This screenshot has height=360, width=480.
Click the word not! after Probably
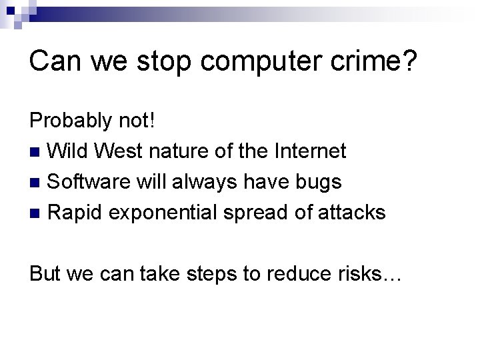pyautogui.click(x=139, y=121)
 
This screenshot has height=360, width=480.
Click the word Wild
pyautogui.click(x=68, y=151)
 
